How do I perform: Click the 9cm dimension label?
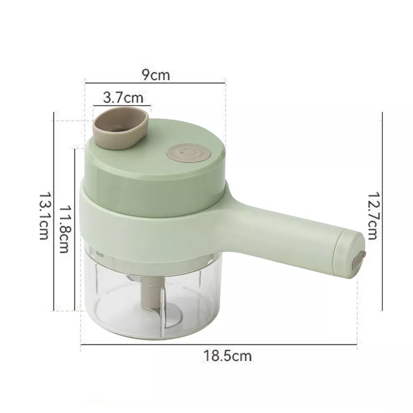156,75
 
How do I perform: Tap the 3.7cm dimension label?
123,98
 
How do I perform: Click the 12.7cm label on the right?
373,215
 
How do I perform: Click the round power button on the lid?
188,152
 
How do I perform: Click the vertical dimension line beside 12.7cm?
382,211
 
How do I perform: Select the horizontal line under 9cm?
155,83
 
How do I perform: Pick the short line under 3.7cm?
123,105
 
